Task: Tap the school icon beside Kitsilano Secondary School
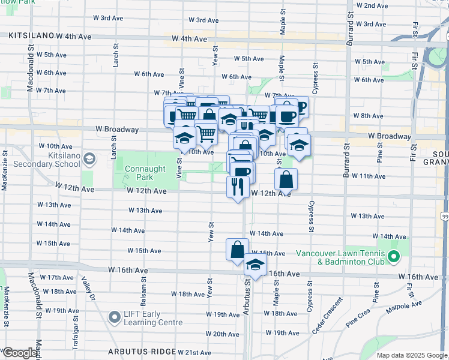[89, 159]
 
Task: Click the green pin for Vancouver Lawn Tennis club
[394, 257]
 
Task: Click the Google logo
[19, 353]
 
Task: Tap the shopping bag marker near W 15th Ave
[237, 249]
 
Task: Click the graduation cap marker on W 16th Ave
[255, 265]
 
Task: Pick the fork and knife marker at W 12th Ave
[237, 187]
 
